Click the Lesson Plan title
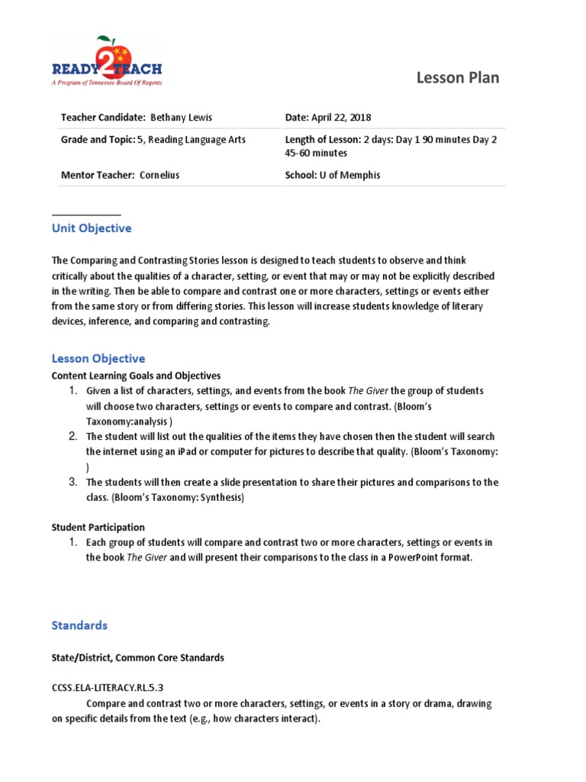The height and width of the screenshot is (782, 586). point(458,78)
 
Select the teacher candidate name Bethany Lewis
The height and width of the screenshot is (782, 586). point(181,118)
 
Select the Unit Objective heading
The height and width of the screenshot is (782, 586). point(92,228)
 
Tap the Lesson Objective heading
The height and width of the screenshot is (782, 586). point(98,358)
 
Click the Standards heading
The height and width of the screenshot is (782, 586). point(79,625)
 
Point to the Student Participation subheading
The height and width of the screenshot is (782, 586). point(98,527)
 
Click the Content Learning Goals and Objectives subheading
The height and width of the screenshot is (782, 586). point(136,376)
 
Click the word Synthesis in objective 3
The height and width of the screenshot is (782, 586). point(219,497)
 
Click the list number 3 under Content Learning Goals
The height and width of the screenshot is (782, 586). point(73,482)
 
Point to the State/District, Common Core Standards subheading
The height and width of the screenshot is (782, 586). point(137,658)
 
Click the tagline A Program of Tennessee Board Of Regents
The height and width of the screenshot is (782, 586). point(106,82)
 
